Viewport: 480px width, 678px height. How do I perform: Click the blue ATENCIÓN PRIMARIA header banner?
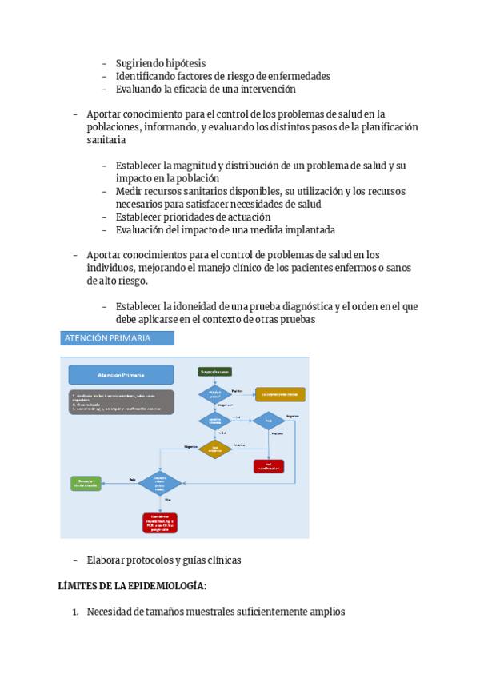(117, 338)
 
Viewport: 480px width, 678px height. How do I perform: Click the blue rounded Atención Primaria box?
(121, 374)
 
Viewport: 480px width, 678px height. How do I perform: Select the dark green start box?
(214, 372)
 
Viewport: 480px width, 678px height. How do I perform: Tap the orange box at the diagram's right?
(280, 394)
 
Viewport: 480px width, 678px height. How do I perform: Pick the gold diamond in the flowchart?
(214, 450)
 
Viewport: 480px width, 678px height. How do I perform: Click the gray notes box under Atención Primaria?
(121, 401)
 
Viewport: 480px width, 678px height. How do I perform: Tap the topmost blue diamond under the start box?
(214, 394)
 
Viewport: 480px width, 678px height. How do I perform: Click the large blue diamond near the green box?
(160, 483)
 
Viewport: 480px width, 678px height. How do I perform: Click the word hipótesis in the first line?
(182, 63)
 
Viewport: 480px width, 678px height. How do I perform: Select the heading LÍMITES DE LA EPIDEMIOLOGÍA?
(133, 586)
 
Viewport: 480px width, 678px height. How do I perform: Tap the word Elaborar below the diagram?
(108, 560)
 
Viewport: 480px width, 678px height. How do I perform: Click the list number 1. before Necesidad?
(75, 612)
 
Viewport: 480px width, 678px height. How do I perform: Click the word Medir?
(130, 191)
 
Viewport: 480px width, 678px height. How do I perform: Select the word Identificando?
(149, 76)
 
